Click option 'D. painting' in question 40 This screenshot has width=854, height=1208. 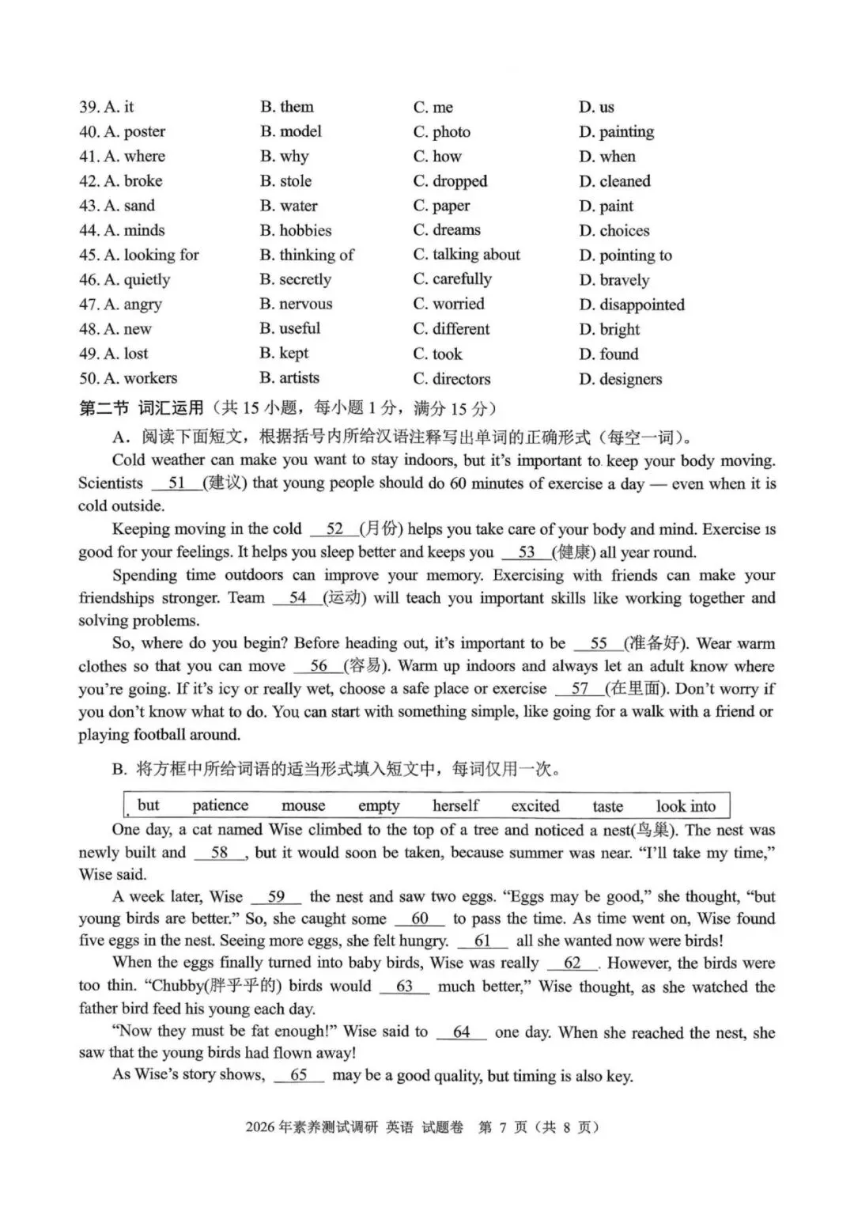616,131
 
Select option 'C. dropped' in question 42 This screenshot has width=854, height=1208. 450,181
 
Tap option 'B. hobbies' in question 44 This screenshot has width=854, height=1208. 296,230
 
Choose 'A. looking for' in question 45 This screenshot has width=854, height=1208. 139,255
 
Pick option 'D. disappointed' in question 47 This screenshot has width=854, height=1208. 631,305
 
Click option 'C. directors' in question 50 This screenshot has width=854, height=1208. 452,379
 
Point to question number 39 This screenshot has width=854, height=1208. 89,107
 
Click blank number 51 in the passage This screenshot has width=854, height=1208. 176,483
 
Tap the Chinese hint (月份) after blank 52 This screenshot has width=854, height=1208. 381,529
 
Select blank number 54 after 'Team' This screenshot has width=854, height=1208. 297,598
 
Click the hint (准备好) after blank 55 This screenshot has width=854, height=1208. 656,643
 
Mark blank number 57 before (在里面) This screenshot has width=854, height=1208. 580,689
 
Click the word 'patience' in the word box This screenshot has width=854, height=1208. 220,805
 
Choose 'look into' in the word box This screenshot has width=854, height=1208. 685,806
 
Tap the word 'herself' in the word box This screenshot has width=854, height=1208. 455,805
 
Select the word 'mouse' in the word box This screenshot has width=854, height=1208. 303,805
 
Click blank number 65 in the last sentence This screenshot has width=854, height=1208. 299,1075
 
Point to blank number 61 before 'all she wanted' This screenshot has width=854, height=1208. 482,941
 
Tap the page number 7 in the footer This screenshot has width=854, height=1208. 502,1127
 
